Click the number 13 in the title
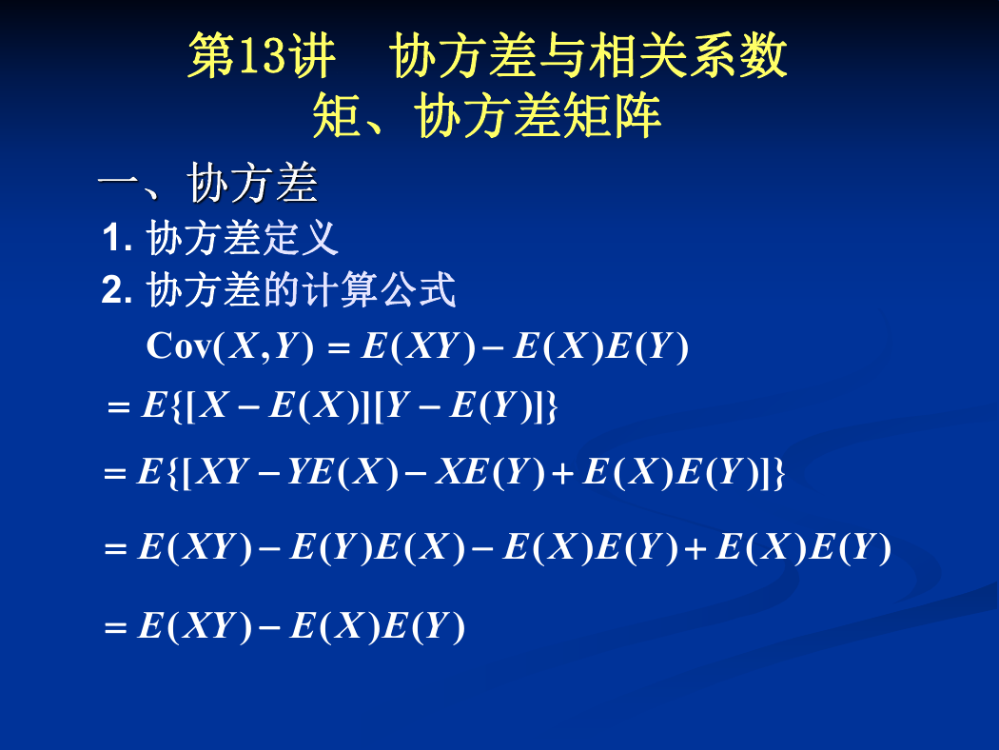pyautogui.click(x=262, y=56)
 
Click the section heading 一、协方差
pyautogui.click(x=207, y=183)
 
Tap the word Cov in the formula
pyautogui.click(x=179, y=346)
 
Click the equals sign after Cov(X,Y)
pyautogui.click(x=339, y=348)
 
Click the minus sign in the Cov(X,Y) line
pyautogui.click(x=493, y=348)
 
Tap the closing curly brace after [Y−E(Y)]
pyautogui.click(x=551, y=405)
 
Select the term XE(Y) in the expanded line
pyautogui.click(x=490, y=472)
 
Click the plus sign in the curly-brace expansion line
pyautogui.click(x=564, y=474)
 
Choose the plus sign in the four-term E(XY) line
pyautogui.click(x=695, y=548)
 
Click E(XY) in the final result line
pyautogui.click(x=195, y=625)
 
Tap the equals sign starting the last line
pyautogui.click(x=115, y=627)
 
